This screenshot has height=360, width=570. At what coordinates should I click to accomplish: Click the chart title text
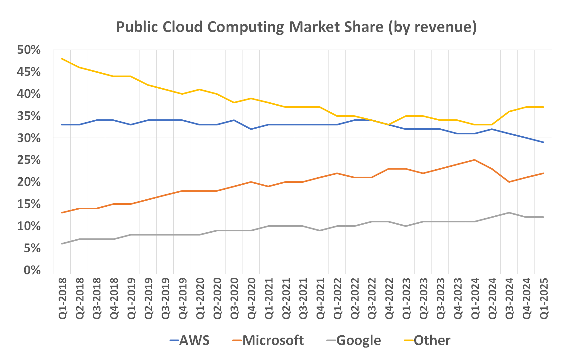point(296,27)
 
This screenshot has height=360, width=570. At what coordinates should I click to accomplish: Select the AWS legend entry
point(190,340)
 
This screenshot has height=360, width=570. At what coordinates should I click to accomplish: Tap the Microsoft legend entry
point(268,340)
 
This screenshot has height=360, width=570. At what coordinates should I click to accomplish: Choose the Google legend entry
point(354,340)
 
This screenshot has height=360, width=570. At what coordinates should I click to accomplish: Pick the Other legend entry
point(427,340)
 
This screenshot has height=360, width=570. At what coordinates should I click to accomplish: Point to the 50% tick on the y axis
point(29,50)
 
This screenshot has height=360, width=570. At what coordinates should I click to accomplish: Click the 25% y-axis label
point(29,160)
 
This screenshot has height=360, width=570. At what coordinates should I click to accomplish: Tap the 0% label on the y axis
point(32,270)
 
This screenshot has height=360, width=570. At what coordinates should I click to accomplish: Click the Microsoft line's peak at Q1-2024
point(474,160)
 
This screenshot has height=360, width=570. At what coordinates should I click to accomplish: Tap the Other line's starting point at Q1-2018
point(62,59)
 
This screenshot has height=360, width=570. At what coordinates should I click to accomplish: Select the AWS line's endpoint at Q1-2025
point(543,142)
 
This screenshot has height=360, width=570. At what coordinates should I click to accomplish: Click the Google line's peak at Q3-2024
point(509,213)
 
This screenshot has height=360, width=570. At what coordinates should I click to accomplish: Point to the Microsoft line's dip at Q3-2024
point(509,182)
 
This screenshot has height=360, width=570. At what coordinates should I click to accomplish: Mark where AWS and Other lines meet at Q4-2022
point(389,125)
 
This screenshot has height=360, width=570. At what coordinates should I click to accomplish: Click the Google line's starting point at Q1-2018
point(62,244)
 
